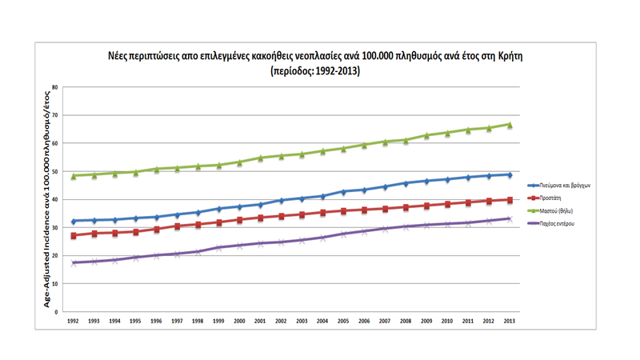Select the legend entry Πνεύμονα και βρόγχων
point(563,185)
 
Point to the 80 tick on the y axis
point(55,87)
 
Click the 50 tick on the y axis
point(55,172)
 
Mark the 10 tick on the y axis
point(55,284)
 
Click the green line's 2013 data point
point(510,125)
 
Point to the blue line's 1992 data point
point(73,221)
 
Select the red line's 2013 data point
point(510,200)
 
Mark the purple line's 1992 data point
point(73,262)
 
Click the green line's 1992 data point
point(73,176)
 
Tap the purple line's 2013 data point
point(510,218)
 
